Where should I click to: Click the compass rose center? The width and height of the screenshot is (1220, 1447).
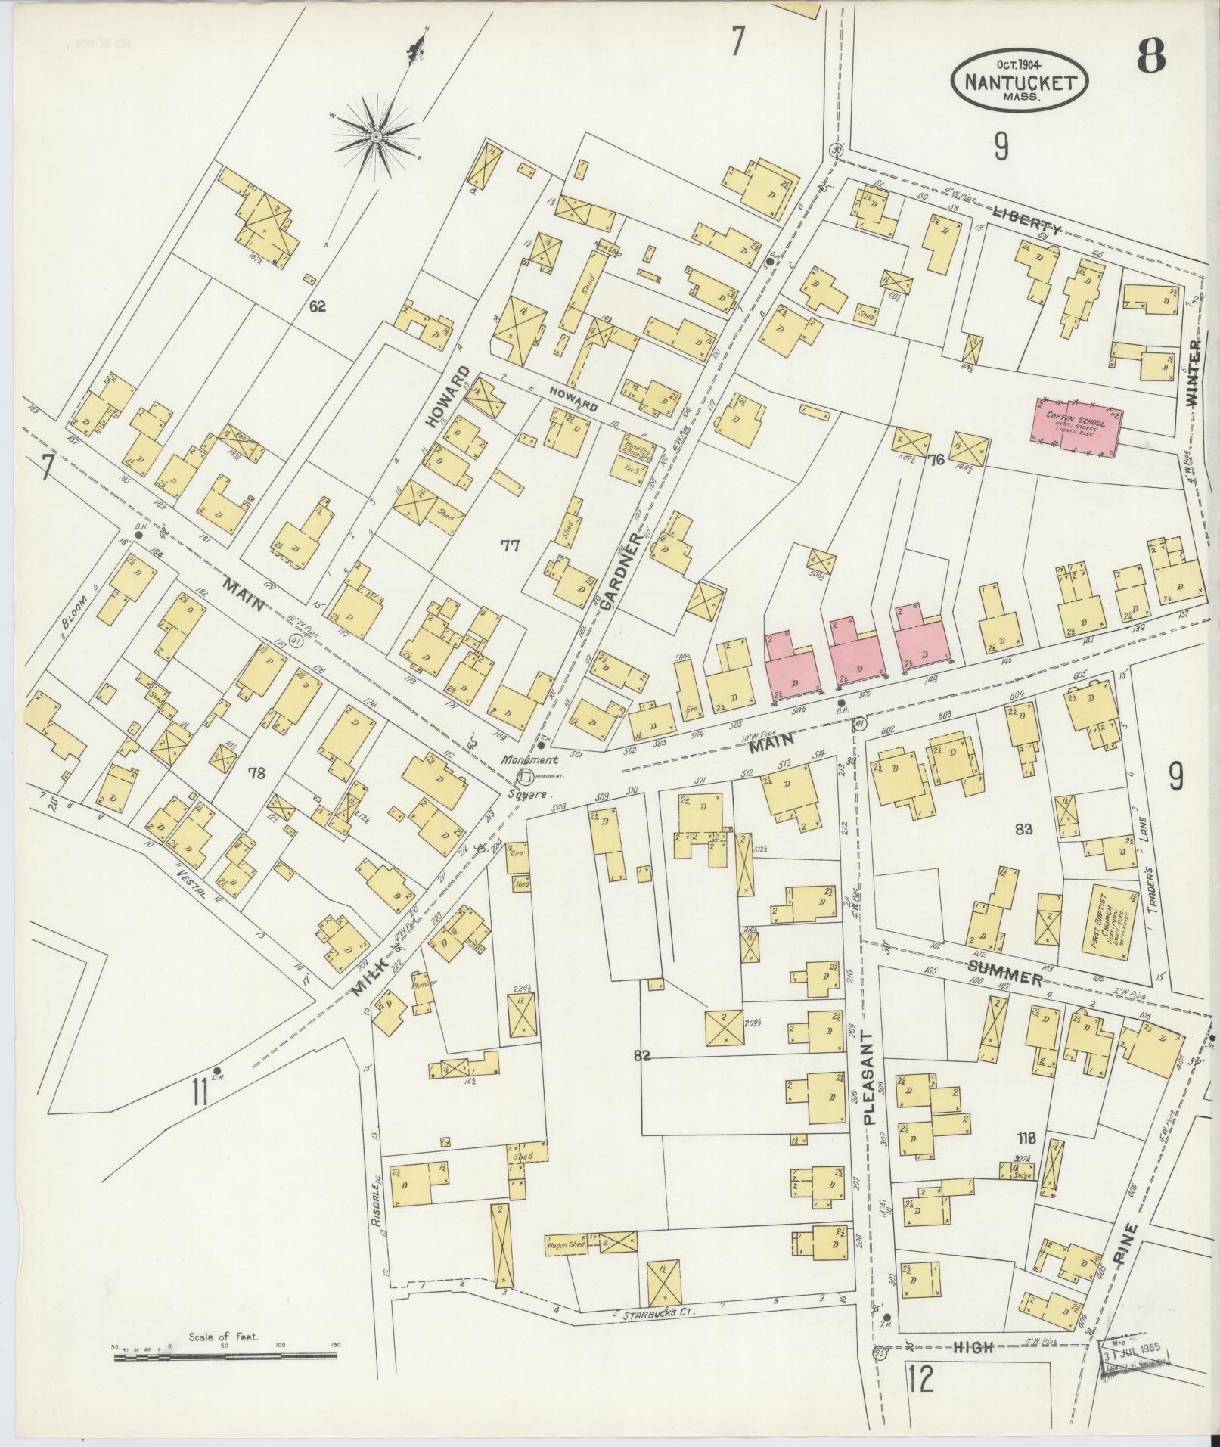click(x=375, y=137)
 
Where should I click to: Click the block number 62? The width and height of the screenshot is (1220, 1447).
click(x=317, y=306)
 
